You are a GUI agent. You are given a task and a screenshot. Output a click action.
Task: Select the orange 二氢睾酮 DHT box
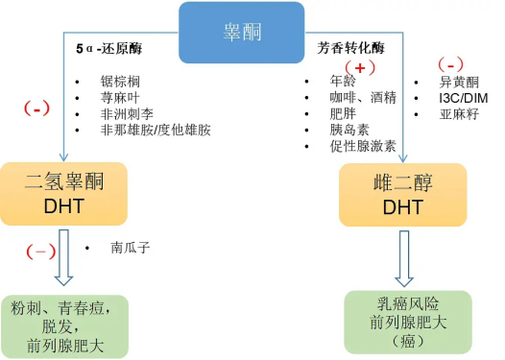click(x=63, y=194)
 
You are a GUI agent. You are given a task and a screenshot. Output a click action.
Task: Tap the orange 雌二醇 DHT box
click(x=403, y=194)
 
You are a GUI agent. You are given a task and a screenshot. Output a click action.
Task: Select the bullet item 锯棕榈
click(x=119, y=82)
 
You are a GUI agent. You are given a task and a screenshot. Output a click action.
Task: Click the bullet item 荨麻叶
click(x=119, y=98)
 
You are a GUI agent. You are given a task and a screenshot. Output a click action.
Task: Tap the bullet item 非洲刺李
click(x=126, y=114)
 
